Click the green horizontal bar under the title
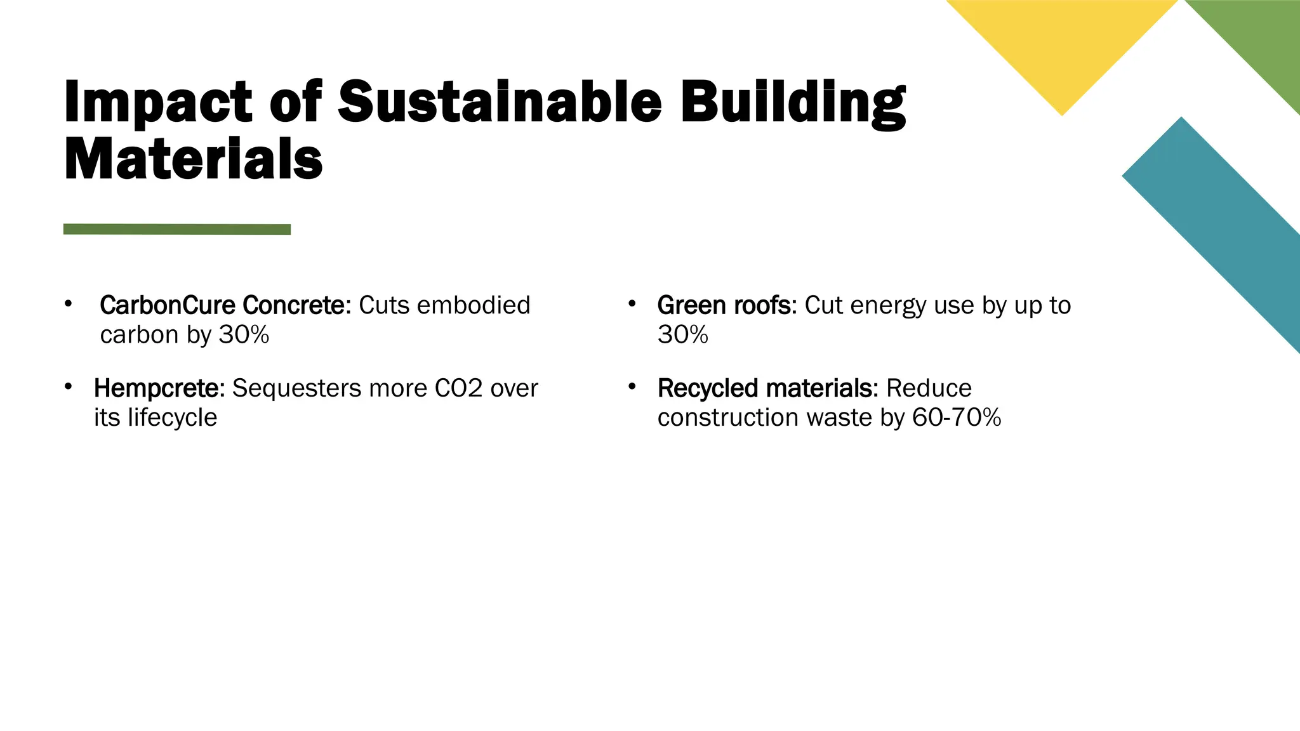click(x=177, y=229)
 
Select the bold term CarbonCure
click(x=168, y=305)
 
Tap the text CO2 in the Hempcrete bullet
click(x=458, y=388)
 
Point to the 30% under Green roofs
click(x=683, y=334)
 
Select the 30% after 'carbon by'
click(x=244, y=334)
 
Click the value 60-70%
click(x=957, y=418)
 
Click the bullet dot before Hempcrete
click(x=68, y=386)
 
